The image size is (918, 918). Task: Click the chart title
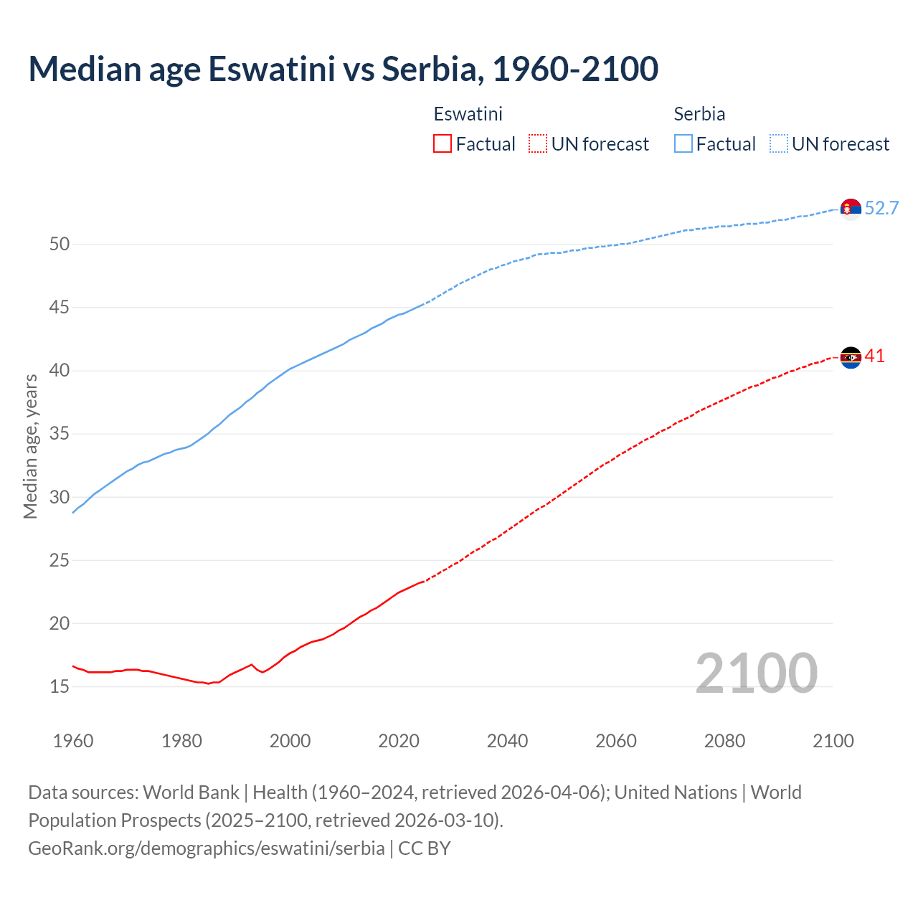pos(343,69)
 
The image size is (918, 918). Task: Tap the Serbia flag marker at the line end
pos(851,208)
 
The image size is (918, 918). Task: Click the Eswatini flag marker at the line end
pos(851,357)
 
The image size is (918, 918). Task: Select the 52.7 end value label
pos(881,208)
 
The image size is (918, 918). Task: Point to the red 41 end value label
pos(875,356)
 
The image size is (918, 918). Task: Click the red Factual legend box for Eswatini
pos(443,144)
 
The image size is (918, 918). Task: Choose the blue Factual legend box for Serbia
pos(683,144)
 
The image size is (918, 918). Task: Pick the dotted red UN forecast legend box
pos(538,144)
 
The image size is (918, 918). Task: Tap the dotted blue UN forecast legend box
pos(778,144)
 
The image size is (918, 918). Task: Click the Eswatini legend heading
pos(468,114)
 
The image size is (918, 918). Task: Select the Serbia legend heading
pos(699,114)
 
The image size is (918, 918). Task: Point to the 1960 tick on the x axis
pos(73,741)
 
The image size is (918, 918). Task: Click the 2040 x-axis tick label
pos(507,741)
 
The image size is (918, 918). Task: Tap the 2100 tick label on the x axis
pos(833,741)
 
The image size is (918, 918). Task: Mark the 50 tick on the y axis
pos(60,245)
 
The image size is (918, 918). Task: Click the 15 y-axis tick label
pos(60,687)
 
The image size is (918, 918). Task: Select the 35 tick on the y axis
pos(60,434)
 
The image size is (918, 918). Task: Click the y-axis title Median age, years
pos(30,446)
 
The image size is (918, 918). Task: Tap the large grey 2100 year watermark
pos(756,673)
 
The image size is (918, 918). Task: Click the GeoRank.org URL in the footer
pos(207,848)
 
